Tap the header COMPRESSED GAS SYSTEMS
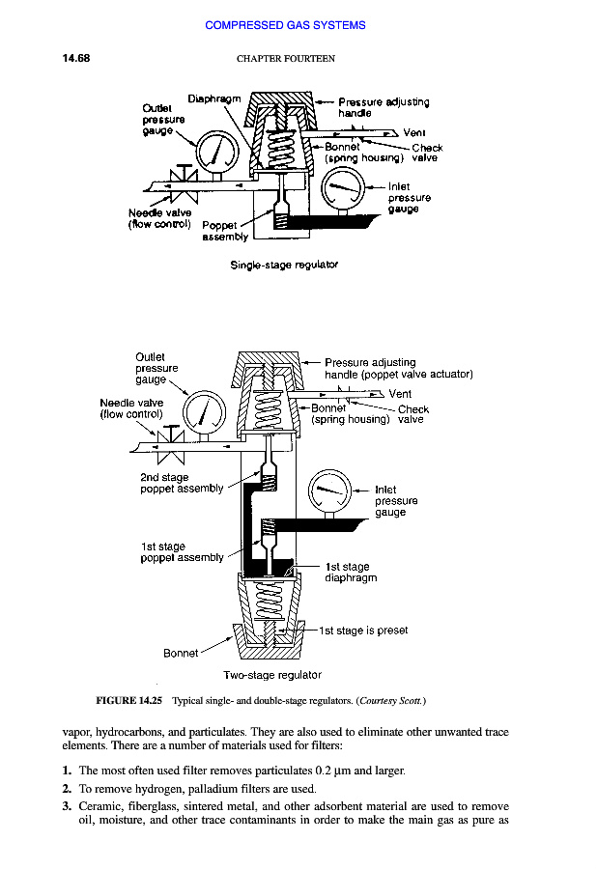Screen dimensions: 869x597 click(x=285, y=25)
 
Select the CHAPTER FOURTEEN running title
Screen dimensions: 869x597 click(x=285, y=59)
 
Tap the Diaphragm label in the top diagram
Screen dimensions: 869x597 click(x=213, y=98)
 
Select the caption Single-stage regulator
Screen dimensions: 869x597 click(x=284, y=263)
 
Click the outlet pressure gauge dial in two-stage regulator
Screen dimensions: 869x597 click(x=204, y=411)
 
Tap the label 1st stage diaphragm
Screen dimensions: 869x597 click(x=351, y=573)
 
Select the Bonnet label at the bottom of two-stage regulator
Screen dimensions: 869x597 click(x=181, y=653)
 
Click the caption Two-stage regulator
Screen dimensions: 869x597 click(x=271, y=675)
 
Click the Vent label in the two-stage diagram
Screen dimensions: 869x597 click(x=400, y=394)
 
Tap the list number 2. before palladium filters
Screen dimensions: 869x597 click(x=67, y=789)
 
